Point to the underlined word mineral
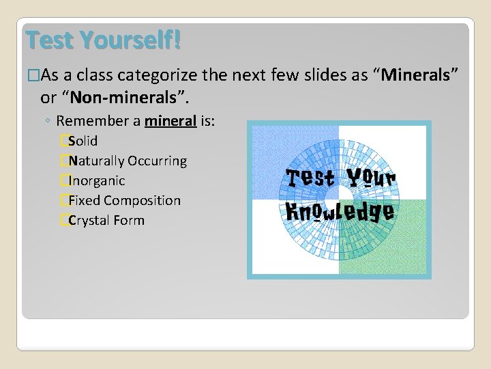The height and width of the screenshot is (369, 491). point(170,121)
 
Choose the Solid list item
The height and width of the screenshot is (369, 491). point(83,141)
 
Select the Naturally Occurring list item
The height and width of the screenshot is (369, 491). point(128,161)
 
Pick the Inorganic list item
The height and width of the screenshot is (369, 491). point(97,180)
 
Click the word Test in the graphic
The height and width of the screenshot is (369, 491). point(310,178)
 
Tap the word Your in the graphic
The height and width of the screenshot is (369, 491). point(371,178)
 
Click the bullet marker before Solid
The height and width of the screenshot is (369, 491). point(63,141)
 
